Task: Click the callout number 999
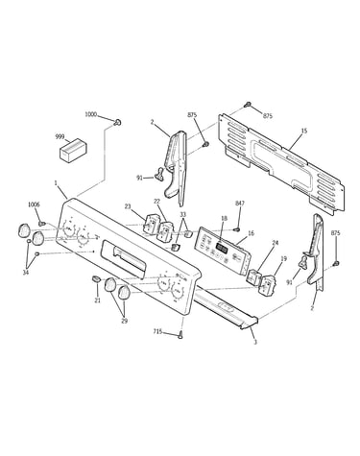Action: (x=60, y=136)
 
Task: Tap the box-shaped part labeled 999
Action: (x=74, y=150)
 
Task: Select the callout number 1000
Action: (x=91, y=114)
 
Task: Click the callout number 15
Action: (x=304, y=131)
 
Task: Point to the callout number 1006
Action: (x=35, y=204)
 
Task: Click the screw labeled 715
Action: (x=180, y=335)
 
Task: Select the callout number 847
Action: (x=240, y=204)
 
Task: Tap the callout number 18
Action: (x=225, y=218)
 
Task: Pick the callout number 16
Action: (x=252, y=233)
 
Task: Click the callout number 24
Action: (x=276, y=243)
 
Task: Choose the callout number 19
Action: (x=283, y=258)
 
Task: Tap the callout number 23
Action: (x=128, y=206)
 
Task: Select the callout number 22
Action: (x=156, y=201)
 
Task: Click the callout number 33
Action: (x=182, y=214)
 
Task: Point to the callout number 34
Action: (x=26, y=273)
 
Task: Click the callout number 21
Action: (x=97, y=300)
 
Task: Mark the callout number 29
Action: (x=124, y=321)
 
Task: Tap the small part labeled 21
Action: (x=96, y=279)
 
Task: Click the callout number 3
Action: (x=255, y=343)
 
